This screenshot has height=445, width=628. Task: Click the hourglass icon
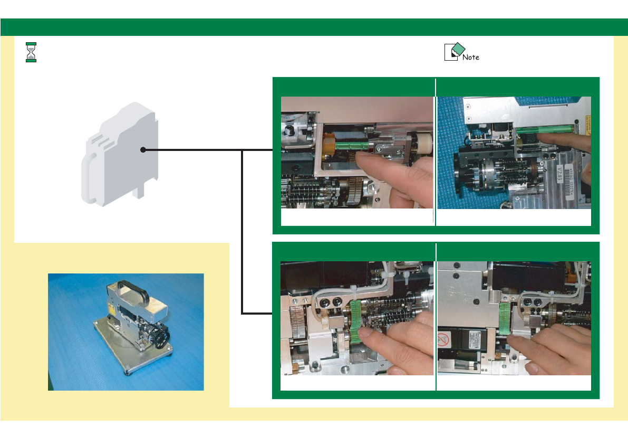point(31,52)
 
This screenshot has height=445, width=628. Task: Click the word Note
point(471,57)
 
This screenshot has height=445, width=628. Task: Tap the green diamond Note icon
point(457,49)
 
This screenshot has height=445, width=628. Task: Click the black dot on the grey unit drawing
point(143,150)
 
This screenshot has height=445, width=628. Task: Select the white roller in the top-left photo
point(422,144)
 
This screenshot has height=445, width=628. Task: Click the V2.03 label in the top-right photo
point(561,172)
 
